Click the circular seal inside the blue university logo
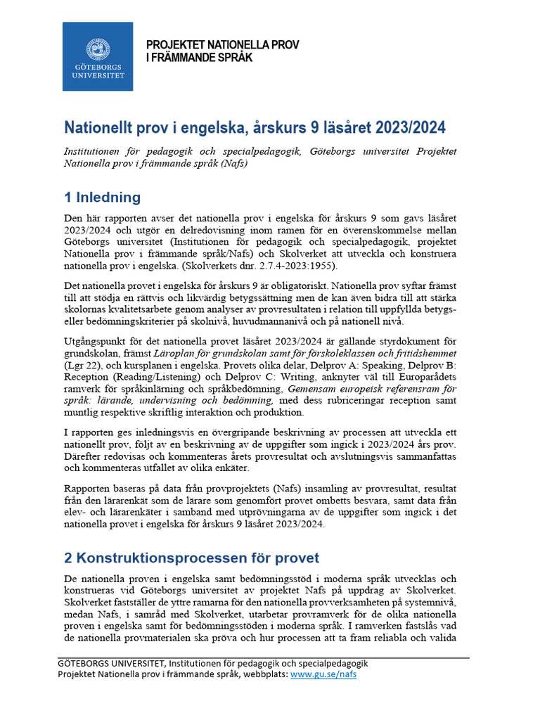coord(98,49)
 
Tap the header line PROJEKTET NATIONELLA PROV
coord(222,44)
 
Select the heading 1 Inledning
coord(103,197)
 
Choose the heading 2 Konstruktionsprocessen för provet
coord(191,558)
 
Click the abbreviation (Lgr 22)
coord(86,366)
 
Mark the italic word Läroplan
coord(179,354)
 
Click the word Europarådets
coord(424,377)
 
